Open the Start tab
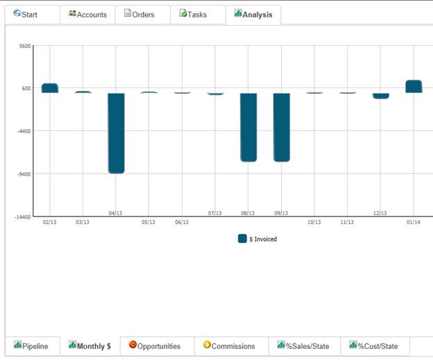pos(32,15)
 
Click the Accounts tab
pos(87,15)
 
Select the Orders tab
pos(142,15)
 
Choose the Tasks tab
pos(198,15)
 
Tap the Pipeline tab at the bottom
pos(33,346)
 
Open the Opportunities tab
pos(157,346)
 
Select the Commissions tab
pos(231,346)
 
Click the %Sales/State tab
pos(305,346)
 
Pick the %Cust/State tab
pos(375,346)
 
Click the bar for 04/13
pos(117,133)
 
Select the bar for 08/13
pos(248,127)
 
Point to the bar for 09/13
pos(282,127)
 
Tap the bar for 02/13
pos(50,88)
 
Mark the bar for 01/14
pos(414,87)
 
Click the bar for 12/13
pos(381,96)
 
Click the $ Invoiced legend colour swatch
pos(242,239)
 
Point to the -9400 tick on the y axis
pos(24,174)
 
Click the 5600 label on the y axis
pos(25,46)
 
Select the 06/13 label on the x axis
pos(182,222)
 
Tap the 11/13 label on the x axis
pos(347,222)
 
